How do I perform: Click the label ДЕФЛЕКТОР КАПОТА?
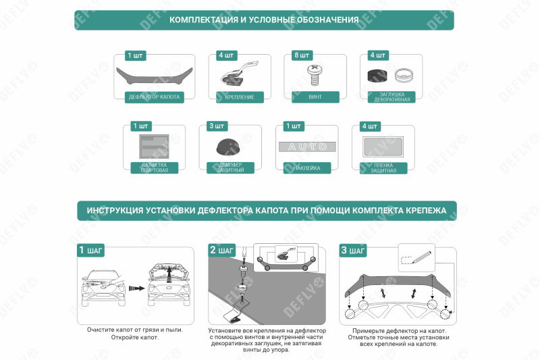tap(155, 97)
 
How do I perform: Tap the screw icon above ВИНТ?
tap(315, 73)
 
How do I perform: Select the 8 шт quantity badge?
tap(302, 55)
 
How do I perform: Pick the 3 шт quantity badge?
tap(217, 126)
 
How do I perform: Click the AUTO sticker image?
tap(308, 147)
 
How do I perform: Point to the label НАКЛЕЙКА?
tap(307, 168)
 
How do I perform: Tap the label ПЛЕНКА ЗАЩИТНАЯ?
tap(383, 168)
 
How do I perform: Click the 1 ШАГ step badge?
tap(90, 251)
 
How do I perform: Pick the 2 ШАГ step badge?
tap(222, 251)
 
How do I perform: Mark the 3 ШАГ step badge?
tap(353, 251)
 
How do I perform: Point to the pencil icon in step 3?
tap(419, 258)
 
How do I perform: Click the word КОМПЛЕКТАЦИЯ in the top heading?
tap(203, 20)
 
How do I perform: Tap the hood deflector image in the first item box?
tap(155, 74)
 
